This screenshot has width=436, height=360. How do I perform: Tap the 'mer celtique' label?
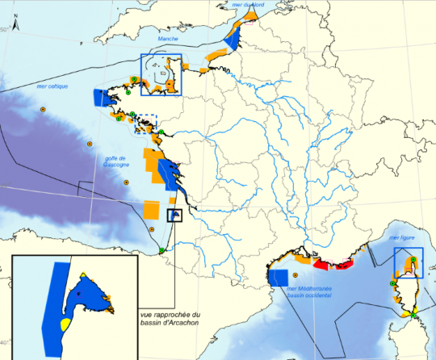click(x=52, y=86)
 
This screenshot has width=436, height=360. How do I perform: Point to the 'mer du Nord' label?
click(x=248, y=6)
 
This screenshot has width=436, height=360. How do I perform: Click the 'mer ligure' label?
click(x=400, y=239)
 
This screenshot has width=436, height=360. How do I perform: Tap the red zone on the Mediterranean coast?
click(x=329, y=264)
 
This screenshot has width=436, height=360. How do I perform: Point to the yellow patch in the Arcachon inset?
click(x=65, y=325)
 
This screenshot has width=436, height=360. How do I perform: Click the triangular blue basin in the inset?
click(x=86, y=291)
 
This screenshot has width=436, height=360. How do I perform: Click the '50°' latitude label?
click(x=4, y=30)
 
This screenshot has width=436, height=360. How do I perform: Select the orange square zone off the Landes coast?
click(x=151, y=209)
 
